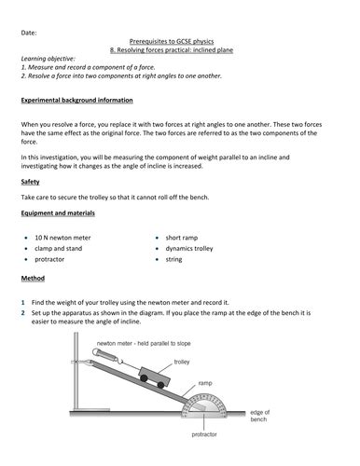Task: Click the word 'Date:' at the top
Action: click(30, 33)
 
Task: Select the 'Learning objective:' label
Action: click(48, 71)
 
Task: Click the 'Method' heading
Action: click(33, 278)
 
